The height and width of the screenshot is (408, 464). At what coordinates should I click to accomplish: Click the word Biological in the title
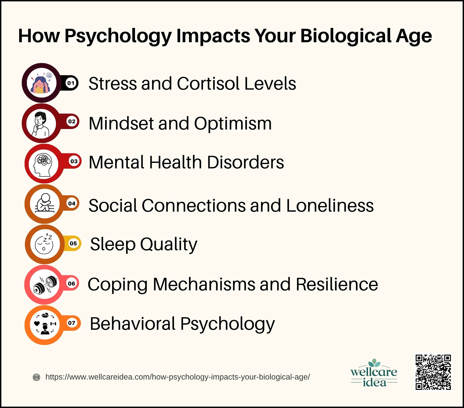point(346,36)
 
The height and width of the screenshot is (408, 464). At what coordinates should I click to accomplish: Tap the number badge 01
point(71,83)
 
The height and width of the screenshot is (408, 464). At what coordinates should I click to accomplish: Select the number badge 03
point(74,161)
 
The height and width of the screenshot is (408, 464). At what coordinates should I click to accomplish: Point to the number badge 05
point(73,243)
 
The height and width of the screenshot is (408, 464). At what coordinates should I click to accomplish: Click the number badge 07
point(72,323)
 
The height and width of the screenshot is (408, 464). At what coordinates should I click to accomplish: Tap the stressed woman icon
point(41,83)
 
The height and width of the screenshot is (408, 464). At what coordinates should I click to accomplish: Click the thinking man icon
point(41,124)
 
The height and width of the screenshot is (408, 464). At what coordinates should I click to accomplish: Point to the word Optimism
point(233,124)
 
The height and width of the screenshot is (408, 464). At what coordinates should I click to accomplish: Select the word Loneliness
point(330,205)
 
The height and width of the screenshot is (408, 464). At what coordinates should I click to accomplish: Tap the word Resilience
point(337,284)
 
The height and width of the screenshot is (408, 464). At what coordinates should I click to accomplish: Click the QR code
point(433,372)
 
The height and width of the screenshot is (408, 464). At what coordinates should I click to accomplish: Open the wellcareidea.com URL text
point(178,377)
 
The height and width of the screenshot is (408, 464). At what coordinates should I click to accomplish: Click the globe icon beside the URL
point(37,377)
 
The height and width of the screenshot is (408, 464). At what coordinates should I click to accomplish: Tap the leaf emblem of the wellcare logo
point(374,363)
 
